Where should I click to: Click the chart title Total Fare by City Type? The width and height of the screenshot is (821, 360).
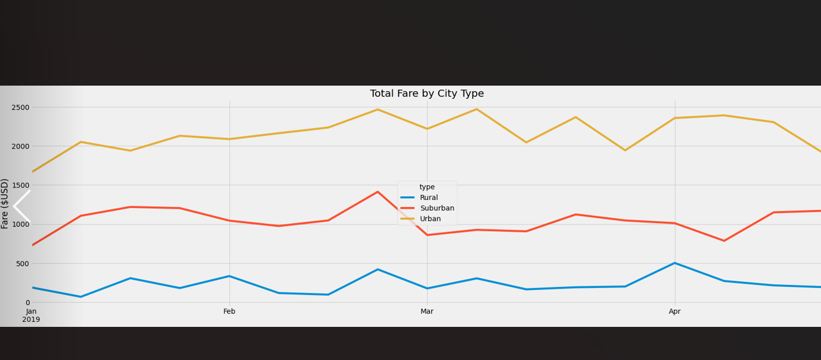pos(427,94)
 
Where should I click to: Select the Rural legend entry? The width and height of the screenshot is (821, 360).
pos(429,197)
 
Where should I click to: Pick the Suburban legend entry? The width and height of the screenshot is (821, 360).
pos(437,208)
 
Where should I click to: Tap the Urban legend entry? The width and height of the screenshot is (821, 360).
pos(430,219)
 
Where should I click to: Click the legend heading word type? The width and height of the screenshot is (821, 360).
pos(427,187)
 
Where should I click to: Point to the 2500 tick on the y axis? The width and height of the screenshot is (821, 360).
pos(21,107)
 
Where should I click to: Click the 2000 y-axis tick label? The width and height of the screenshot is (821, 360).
pos(21,146)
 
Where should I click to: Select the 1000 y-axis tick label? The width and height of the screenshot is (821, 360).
pos(21,224)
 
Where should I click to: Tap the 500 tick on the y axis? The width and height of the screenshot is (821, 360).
pos(22,264)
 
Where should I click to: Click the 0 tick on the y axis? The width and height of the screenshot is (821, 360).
pos(27,302)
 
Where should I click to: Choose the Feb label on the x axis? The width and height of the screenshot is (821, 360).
pos(229,311)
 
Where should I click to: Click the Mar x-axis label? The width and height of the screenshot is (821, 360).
pos(427,311)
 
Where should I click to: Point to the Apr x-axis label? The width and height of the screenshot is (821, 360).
pos(675,311)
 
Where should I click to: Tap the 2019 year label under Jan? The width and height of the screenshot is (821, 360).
pos(31,319)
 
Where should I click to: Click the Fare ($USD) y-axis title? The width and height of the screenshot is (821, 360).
pos(5,204)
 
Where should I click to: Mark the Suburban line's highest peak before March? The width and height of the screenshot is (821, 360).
pos(377,192)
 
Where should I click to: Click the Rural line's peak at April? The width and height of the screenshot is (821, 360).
pos(675,263)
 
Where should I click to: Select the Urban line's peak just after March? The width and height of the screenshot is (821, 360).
pos(477,109)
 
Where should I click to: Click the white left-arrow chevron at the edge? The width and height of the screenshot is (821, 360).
pos(21,206)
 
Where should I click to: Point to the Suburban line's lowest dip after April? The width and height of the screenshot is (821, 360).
pos(724,241)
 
